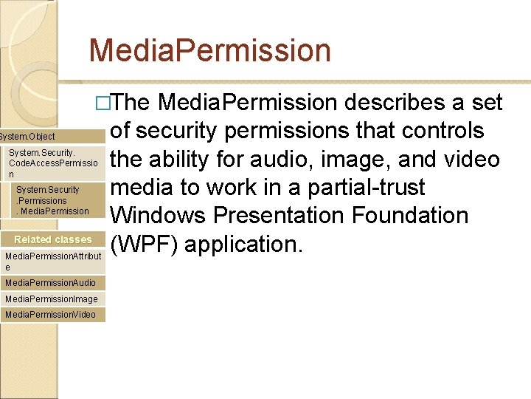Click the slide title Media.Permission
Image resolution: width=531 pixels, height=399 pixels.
(x=209, y=51)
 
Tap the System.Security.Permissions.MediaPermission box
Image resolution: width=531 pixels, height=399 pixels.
(x=55, y=200)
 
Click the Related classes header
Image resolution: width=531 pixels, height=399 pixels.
(x=53, y=239)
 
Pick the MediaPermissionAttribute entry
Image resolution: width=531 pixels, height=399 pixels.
(x=53, y=261)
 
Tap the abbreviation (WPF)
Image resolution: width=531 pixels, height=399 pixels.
(x=143, y=244)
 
